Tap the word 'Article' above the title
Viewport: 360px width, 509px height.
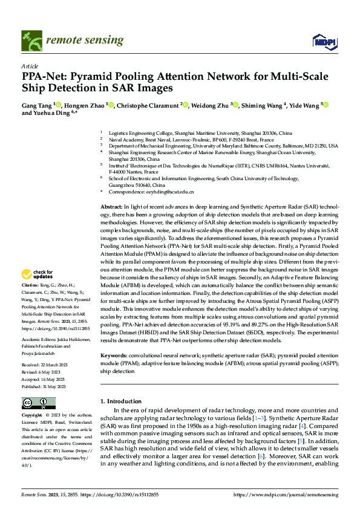[x=30, y=66]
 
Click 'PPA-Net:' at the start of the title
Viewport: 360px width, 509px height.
[x=44, y=77]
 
